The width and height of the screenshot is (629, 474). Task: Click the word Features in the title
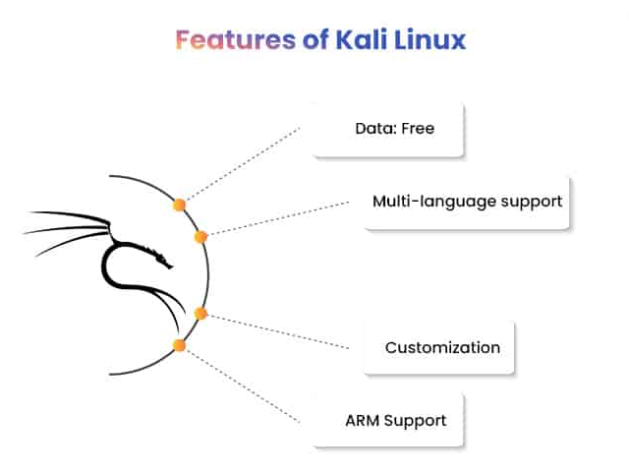point(236,39)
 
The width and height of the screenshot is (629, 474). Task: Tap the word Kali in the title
point(362,39)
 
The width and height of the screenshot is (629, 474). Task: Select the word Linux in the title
point(430,39)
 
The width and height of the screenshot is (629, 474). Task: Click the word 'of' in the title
point(315,39)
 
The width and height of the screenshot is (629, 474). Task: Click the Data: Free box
point(388,129)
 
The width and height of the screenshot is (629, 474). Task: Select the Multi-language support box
point(467,203)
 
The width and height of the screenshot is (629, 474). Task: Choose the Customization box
point(439,347)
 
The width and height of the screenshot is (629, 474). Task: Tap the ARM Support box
point(388,420)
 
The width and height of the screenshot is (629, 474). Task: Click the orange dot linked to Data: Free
point(179,206)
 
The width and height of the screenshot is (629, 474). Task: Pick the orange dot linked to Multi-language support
point(200,237)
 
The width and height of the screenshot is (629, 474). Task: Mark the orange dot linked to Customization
point(200,314)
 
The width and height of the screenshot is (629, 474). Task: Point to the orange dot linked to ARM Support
point(179,345)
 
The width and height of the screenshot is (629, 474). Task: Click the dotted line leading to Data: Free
point(243,163)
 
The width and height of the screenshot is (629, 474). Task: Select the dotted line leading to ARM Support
point(243,386)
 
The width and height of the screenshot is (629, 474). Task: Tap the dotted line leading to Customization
point(278,331)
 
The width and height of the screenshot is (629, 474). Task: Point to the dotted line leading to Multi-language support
point(278,218)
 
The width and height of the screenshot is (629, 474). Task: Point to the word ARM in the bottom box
point(363,421)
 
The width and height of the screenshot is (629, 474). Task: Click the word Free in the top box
point(418,129)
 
